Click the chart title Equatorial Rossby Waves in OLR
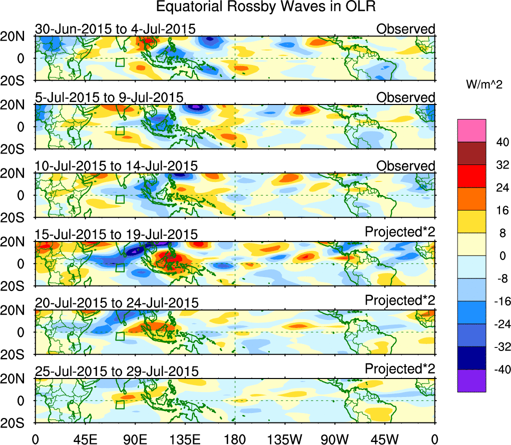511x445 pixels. coord(265,7)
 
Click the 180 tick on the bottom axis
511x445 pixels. coord(235,438)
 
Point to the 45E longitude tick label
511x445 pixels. coord(85,438)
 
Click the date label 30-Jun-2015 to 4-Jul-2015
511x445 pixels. coord(115,29)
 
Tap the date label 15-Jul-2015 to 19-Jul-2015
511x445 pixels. coord(116,234)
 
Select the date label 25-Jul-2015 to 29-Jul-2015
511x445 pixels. coord(116,371)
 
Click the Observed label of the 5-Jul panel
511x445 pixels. coord(406,97)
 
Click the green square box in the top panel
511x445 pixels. coord(120,62)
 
